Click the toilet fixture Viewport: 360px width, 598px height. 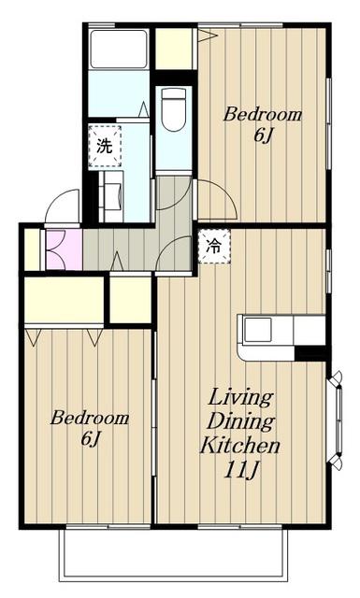tap(174, 109)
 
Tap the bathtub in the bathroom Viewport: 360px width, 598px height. tap(119, 49)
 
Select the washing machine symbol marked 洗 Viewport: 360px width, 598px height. tap(105, 146)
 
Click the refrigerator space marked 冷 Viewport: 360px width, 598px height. tap(214, 246)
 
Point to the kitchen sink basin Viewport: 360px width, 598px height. tap(258, 330)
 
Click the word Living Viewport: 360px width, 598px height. tap(241, 397)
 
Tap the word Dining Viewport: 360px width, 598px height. tap(241, 421)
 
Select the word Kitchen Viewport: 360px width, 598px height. tap(240, 445)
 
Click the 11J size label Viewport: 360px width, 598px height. tap(240, 469)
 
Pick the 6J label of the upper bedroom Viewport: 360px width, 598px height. tap(264, 135)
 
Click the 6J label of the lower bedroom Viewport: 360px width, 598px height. tap(90, 438)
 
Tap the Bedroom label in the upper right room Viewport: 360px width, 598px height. tap(262, 114)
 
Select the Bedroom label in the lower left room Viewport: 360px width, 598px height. tap(90, 418)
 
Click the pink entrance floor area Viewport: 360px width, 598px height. tap(65, 249)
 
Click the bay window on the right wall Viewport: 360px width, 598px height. tap(336, 420)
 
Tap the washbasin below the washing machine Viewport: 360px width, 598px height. tap(111, 196)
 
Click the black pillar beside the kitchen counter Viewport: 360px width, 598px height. tap(310, 353)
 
